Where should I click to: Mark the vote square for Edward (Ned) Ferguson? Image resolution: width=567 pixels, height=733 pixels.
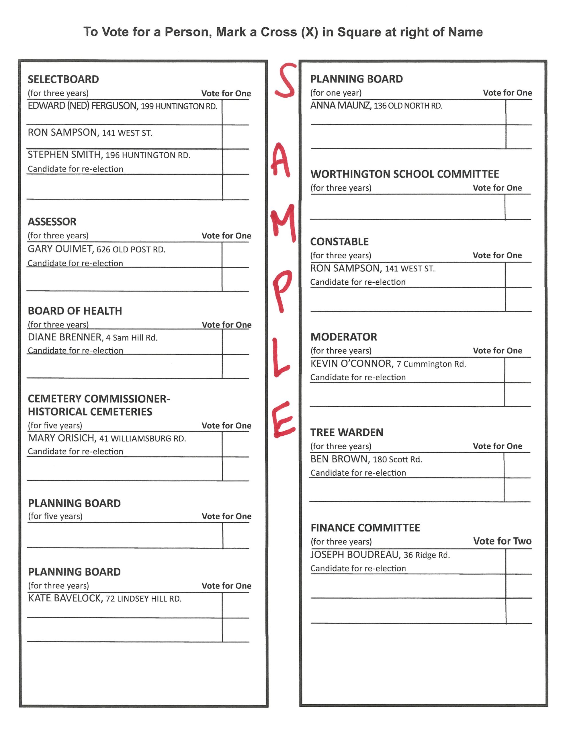[x=235, y=113]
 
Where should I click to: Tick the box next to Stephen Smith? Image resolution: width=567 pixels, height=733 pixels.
[x=235, y=162]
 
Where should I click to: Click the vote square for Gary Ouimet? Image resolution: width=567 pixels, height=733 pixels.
[x=235, y=255]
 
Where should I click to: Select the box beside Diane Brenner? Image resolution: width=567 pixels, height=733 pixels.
[x=235, y=342]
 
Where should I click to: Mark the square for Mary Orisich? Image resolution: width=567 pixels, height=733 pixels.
[x=235, y=444]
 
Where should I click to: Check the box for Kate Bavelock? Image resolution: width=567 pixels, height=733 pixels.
[x=235, y=605]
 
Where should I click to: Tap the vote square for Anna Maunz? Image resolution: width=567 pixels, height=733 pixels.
[x=519, y=113]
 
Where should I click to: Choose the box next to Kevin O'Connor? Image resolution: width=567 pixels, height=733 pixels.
[x=518, y=370]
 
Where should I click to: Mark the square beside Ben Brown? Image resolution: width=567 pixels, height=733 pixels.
[x=517, y=465]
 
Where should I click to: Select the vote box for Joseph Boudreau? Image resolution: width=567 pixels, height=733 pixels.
[x=519, y=561]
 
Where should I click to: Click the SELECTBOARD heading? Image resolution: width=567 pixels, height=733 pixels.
[x=63, y=80]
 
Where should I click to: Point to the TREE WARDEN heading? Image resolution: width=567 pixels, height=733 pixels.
[x=347, y=432]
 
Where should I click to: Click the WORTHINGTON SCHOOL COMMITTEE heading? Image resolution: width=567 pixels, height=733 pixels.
[x=405, y=174]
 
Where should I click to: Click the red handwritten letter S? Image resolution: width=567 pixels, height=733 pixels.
[x=285, y=80]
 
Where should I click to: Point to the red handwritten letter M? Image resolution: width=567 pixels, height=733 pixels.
[x=283, y=222]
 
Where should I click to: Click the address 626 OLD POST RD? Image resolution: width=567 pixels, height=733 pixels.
[x=131, y=250]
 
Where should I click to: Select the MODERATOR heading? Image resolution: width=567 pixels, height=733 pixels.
[x=343, y=337]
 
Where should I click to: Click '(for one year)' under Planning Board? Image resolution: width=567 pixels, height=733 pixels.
[x=336, y=93]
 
